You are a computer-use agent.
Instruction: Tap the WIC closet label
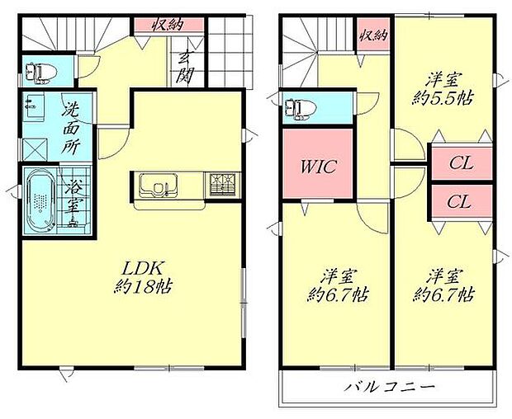[x=316, y=167]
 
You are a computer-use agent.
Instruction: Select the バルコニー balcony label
[x=389, y=387]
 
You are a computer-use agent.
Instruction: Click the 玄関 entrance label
[x=184, y=67]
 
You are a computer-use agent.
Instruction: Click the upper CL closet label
[x=461, y=163]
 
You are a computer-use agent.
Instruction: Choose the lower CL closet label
[x=461, y=200]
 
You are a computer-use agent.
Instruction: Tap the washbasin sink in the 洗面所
[x=34, y=105]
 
